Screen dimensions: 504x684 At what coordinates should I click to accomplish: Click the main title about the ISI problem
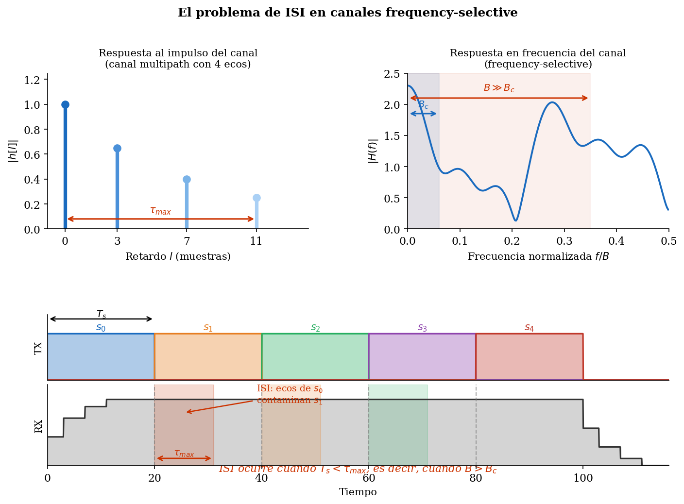(347, 13)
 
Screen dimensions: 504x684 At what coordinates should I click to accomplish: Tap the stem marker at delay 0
(65, 104)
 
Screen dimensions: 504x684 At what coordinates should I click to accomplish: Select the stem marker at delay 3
(117, 148)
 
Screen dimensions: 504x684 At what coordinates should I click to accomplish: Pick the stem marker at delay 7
(187, 179)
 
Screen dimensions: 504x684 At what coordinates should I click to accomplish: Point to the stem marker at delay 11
(256, 198)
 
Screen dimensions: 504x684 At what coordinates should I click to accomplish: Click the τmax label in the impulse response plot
(160, 211)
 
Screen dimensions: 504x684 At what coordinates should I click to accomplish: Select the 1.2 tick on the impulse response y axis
(33, 80)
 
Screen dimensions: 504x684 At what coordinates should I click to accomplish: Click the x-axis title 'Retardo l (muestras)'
(178, 256)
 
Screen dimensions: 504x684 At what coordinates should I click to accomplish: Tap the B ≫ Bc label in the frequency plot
(499, 88)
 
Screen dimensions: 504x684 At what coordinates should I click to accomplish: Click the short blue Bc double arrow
(423, 114)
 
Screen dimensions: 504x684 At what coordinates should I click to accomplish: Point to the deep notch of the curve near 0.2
(515, 220)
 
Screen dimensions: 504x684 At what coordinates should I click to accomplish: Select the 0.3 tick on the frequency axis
(564, 241)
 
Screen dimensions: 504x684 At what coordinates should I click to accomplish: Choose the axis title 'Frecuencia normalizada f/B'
(538, 256)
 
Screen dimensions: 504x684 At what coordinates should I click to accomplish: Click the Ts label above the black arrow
(101, 314)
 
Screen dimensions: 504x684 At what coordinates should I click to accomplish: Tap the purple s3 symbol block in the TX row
(422, 356)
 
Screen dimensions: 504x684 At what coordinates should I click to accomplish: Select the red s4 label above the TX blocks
(529, 328)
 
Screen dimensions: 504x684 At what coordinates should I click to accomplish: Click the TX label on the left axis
(38, 348)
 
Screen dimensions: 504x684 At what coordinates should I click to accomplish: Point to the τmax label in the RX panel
(184, 453)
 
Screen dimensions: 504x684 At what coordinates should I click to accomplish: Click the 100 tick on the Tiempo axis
(583, 478)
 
